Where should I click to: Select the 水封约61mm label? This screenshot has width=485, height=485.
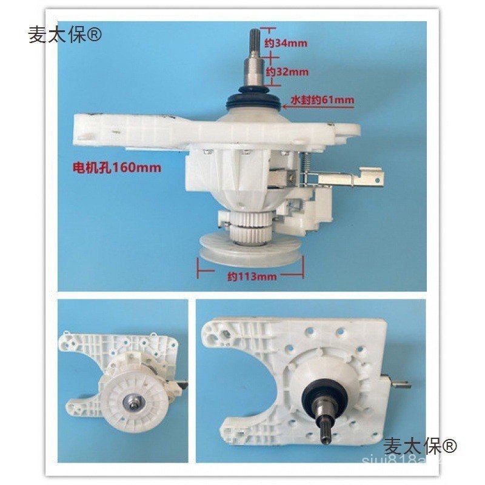click(x=322, y=100)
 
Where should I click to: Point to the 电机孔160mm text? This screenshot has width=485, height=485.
click(x=116, y=167)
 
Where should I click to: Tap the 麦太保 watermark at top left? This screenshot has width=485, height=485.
click(x=65, y=35)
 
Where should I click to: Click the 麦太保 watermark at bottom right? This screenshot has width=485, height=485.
click(x=420, y=447)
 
